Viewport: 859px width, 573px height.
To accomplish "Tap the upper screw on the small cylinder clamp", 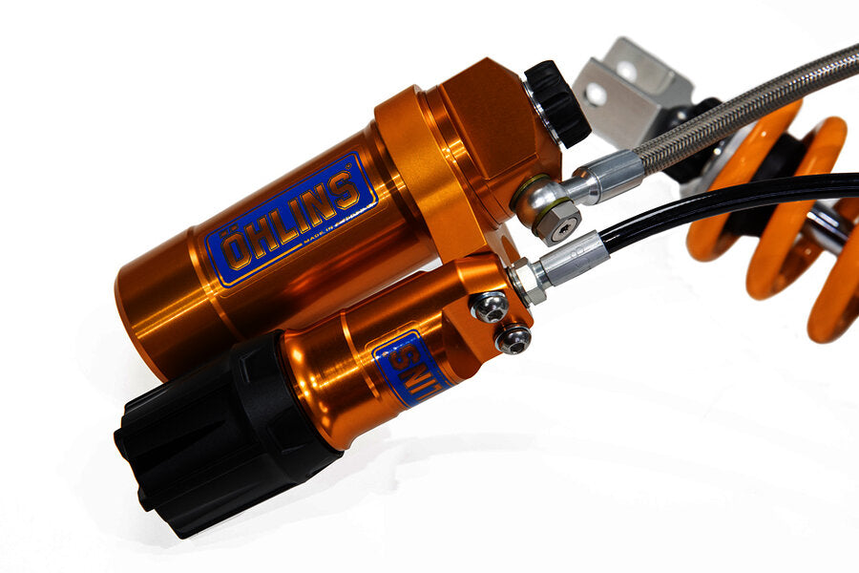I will coord(491,306).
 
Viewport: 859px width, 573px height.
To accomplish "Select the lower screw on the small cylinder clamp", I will coord(513,337).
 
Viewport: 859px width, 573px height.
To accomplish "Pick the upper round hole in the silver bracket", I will coord(626,69).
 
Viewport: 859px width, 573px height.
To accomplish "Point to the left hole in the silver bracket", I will coord(595,94).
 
